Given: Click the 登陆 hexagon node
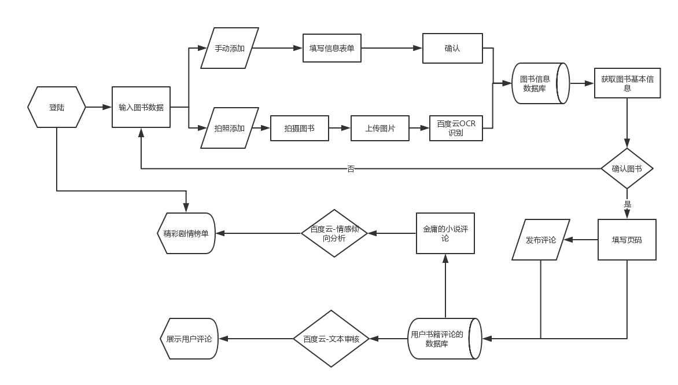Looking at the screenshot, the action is coord(57,107).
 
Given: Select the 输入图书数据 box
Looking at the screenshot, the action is coord(141,107).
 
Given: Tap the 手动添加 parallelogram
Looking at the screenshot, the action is coord(230,48).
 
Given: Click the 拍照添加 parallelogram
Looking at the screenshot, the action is coord(230,128).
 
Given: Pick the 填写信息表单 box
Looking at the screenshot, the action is coord(332,48).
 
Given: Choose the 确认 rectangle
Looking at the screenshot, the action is coord(452,48).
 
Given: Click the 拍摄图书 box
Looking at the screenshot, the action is coord(299,128).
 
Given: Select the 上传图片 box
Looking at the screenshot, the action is coord(379,128).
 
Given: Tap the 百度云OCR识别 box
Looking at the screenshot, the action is coord(456,128).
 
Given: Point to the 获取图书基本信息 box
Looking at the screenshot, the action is coord(627,83).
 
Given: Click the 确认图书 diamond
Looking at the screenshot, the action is coord(627,168).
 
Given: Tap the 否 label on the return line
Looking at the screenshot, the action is coord(351,169).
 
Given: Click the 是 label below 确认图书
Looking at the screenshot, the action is coord(627,204).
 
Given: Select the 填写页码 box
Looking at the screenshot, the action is coord(627,239).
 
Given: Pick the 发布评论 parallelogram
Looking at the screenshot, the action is coord(541,239).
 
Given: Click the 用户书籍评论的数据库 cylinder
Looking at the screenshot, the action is coord(443,339).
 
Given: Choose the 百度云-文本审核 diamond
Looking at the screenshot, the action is coord(331,339).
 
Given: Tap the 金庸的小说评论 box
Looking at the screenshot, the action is coord(445,233).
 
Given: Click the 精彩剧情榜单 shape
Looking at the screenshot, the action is coord(186,233).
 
